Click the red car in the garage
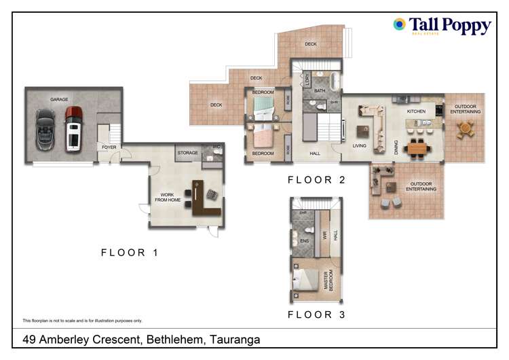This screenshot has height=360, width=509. click(x=74, y=128)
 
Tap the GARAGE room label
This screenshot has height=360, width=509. click(x=59, y=100)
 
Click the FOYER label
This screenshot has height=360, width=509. click(x=109, y=147)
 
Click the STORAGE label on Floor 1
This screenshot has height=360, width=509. click(x=187, y=154)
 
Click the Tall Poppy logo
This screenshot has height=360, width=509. click(x=442, y=26)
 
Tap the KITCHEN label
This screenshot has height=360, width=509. click(x=415, y=111)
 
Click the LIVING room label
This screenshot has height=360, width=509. click(x=359, y=145)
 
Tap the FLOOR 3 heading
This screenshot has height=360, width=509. click(x=316, y=314)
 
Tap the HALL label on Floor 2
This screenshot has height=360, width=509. click(x=315, y=154)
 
